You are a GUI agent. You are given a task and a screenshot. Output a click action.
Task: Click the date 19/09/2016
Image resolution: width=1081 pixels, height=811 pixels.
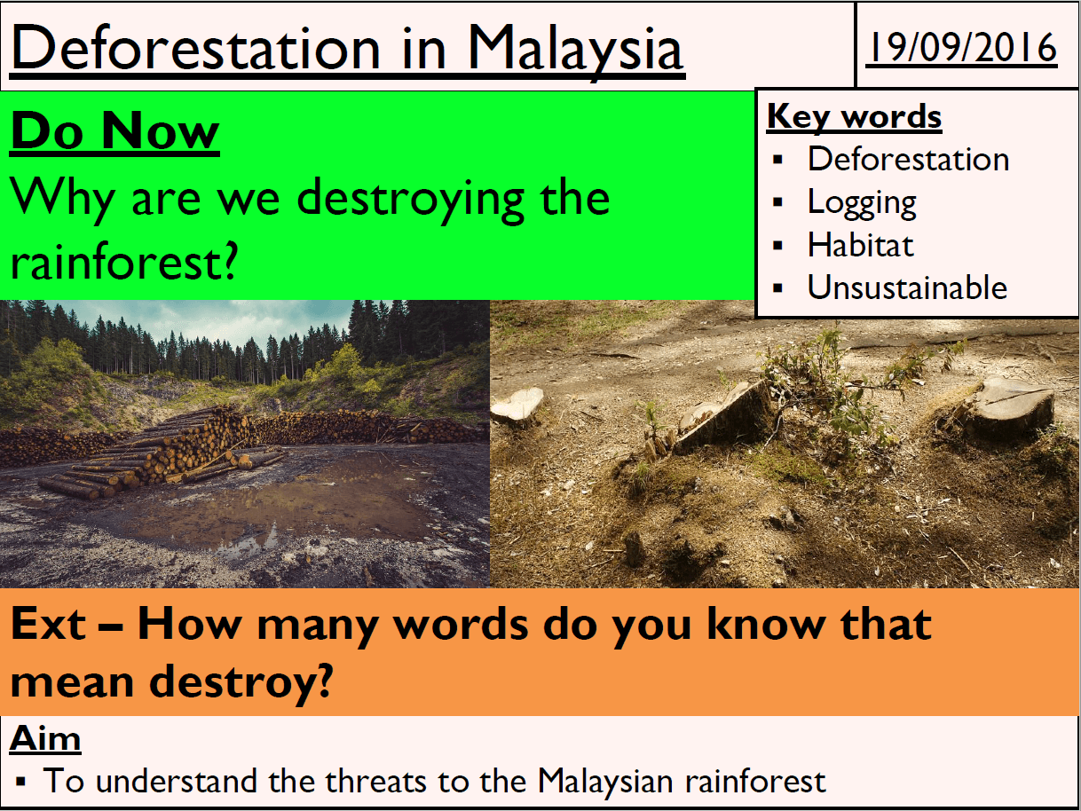pos(961,47)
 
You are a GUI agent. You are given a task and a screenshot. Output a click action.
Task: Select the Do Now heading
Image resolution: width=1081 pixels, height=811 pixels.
pos(114,131)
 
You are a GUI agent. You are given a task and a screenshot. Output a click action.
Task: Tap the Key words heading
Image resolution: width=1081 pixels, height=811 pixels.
pos(855,117)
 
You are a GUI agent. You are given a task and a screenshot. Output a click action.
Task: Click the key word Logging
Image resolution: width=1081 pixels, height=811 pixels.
pos(862,203)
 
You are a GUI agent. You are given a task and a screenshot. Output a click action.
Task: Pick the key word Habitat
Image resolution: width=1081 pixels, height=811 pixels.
pos(860,245)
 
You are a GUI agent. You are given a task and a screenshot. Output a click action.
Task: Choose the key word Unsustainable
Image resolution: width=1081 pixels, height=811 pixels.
pos(907,287)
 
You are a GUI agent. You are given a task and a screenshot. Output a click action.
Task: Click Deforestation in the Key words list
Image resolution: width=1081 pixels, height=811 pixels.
pos(908,159)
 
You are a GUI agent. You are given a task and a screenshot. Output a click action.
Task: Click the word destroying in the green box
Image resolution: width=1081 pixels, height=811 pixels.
pos(411,200)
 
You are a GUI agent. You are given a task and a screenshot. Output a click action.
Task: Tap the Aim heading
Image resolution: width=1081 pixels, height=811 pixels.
pos(44,738)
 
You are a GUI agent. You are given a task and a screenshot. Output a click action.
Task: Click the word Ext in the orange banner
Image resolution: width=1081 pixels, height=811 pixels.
pos(48,624)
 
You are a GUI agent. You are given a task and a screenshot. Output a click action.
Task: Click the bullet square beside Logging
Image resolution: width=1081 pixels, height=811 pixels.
pos(778,202)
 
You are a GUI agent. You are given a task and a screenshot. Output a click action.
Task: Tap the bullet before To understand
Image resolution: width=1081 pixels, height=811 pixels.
pos(20,782)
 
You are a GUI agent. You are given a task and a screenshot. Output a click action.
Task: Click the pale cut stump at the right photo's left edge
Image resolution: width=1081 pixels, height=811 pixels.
pos(517,404)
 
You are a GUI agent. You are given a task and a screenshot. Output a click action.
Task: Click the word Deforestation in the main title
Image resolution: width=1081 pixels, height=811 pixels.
pos(195,49)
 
